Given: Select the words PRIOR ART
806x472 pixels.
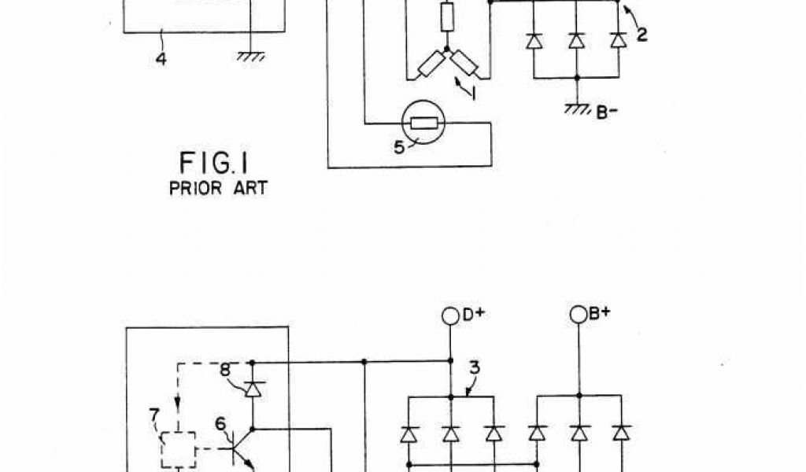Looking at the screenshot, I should pos(218,189).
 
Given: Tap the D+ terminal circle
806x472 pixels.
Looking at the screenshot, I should pos(450,315).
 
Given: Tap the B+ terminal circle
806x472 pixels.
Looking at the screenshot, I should pos(579,315).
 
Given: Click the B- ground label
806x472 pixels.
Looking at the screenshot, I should pos(606,112).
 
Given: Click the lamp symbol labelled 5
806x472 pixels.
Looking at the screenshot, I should pos(424,123).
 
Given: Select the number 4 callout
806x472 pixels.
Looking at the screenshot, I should pos(161,59).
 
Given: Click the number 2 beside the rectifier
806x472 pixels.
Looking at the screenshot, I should pos(642,35).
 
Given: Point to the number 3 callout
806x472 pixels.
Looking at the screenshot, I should pos(475,367).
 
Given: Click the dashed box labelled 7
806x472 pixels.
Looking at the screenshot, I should pos(178,449).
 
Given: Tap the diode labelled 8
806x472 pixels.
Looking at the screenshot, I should pos(252,389).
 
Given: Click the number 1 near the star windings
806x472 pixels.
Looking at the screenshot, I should pos(474,92).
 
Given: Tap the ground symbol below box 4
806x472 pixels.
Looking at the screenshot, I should pos(250,56).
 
